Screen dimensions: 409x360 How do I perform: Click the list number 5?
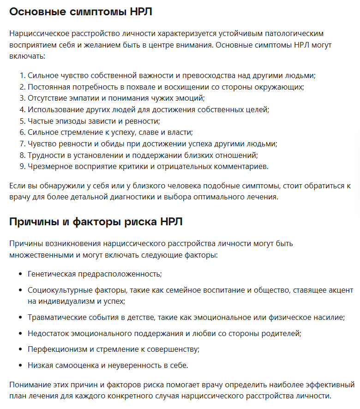pyautogui.click(x=22, y=121)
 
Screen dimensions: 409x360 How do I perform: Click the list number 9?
pyautogui.click(x=22, y=166)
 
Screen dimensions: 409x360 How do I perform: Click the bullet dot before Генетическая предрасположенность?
pyautogui.click(x=20, y=274)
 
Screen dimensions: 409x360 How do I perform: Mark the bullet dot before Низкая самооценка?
pyautogui.click(x=20, y=365)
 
